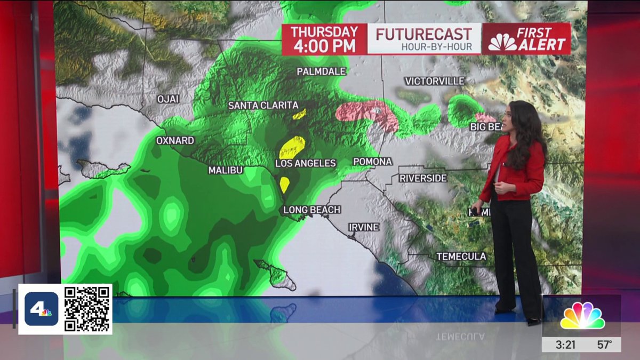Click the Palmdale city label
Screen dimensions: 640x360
pyautogui.click(x=321, y=71)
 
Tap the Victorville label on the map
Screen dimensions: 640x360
pyautogui.click(x=435, y=81)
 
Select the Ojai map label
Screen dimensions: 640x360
pyautogui.click(x=168, y=99)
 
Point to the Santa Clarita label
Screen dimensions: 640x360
pyautogui.click(x=263, y=106)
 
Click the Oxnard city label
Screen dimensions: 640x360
pyautogui.click(x=175, y=141)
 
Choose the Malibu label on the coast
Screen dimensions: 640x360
pyautogui.click(x=226, y=170)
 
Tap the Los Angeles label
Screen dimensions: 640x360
pyautogui.click(x=306, y=163)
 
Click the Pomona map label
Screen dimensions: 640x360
pyautogui.click(x=372, y=162)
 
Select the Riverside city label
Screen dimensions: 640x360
pyautogui.click(x=423, y=178)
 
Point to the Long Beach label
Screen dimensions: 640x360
pyautogui.click(x=311, y=210)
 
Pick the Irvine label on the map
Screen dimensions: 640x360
pyautogui.click(x=364, y=227)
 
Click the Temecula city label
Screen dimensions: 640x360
pyautogui.click(x=461, y=257)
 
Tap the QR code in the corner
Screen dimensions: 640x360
pyautogui.click(x=87, y=309)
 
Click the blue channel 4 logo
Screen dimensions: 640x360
pyautogui.click(x=42, y=309)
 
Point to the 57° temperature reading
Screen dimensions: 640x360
pyautogui.click(x=604, y=345)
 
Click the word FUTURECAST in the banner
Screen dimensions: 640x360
pyautogui.click(x=423, y=34)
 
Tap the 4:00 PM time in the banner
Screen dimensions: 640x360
pyautogui.click(x=324, y=46)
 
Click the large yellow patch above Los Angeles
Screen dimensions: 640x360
pyautogui.click(x=292, y=147)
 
